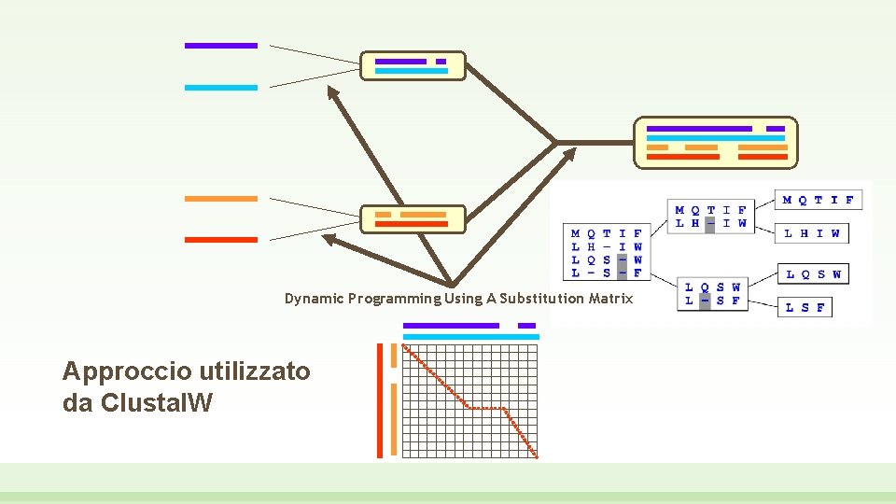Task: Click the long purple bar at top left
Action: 220,45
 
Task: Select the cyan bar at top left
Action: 220,88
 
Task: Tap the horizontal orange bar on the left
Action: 220,199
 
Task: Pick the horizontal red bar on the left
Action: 220,240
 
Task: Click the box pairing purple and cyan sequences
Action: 412,65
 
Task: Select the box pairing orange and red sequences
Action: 412,219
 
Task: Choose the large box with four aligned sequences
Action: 716,142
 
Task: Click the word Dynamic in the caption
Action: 314,299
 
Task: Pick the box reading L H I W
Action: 811,233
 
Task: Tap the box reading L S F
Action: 805,307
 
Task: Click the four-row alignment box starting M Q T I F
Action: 608,253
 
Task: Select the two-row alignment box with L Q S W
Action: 713,294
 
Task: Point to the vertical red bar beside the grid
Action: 380,400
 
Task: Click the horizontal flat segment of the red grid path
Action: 485,408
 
